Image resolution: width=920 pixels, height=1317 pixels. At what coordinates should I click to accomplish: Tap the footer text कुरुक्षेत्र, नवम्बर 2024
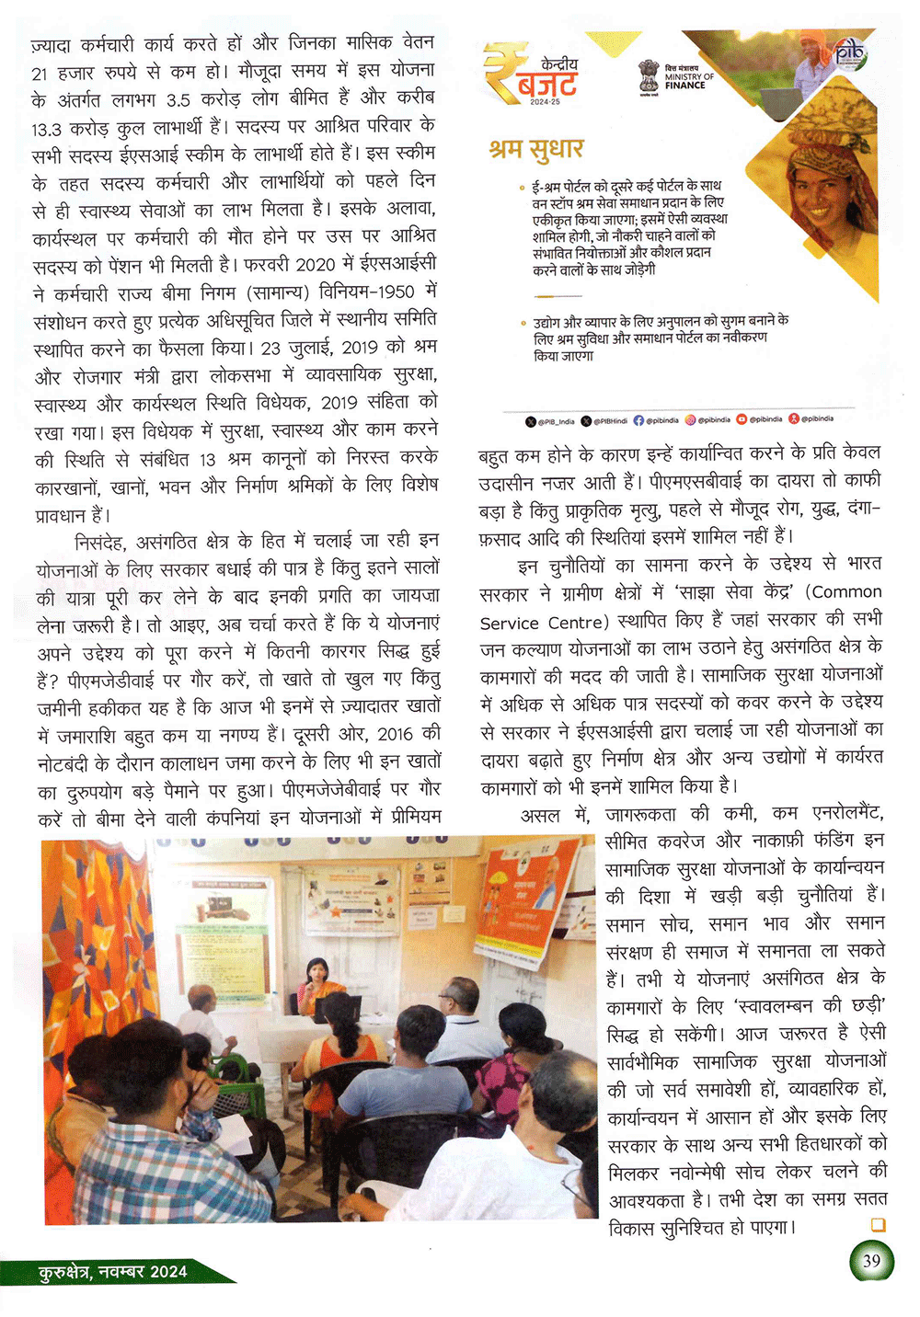(x=113, y=1272)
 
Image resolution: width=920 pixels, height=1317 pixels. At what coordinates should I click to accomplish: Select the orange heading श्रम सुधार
(x=535, y=149)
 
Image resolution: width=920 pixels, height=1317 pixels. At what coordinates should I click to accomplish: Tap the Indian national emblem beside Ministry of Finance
(x=650, y=75)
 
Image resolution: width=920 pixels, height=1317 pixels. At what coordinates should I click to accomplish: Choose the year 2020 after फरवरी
(x=315, y=265)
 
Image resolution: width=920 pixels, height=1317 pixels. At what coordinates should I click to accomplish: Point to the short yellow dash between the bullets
(x=558, y=296)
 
